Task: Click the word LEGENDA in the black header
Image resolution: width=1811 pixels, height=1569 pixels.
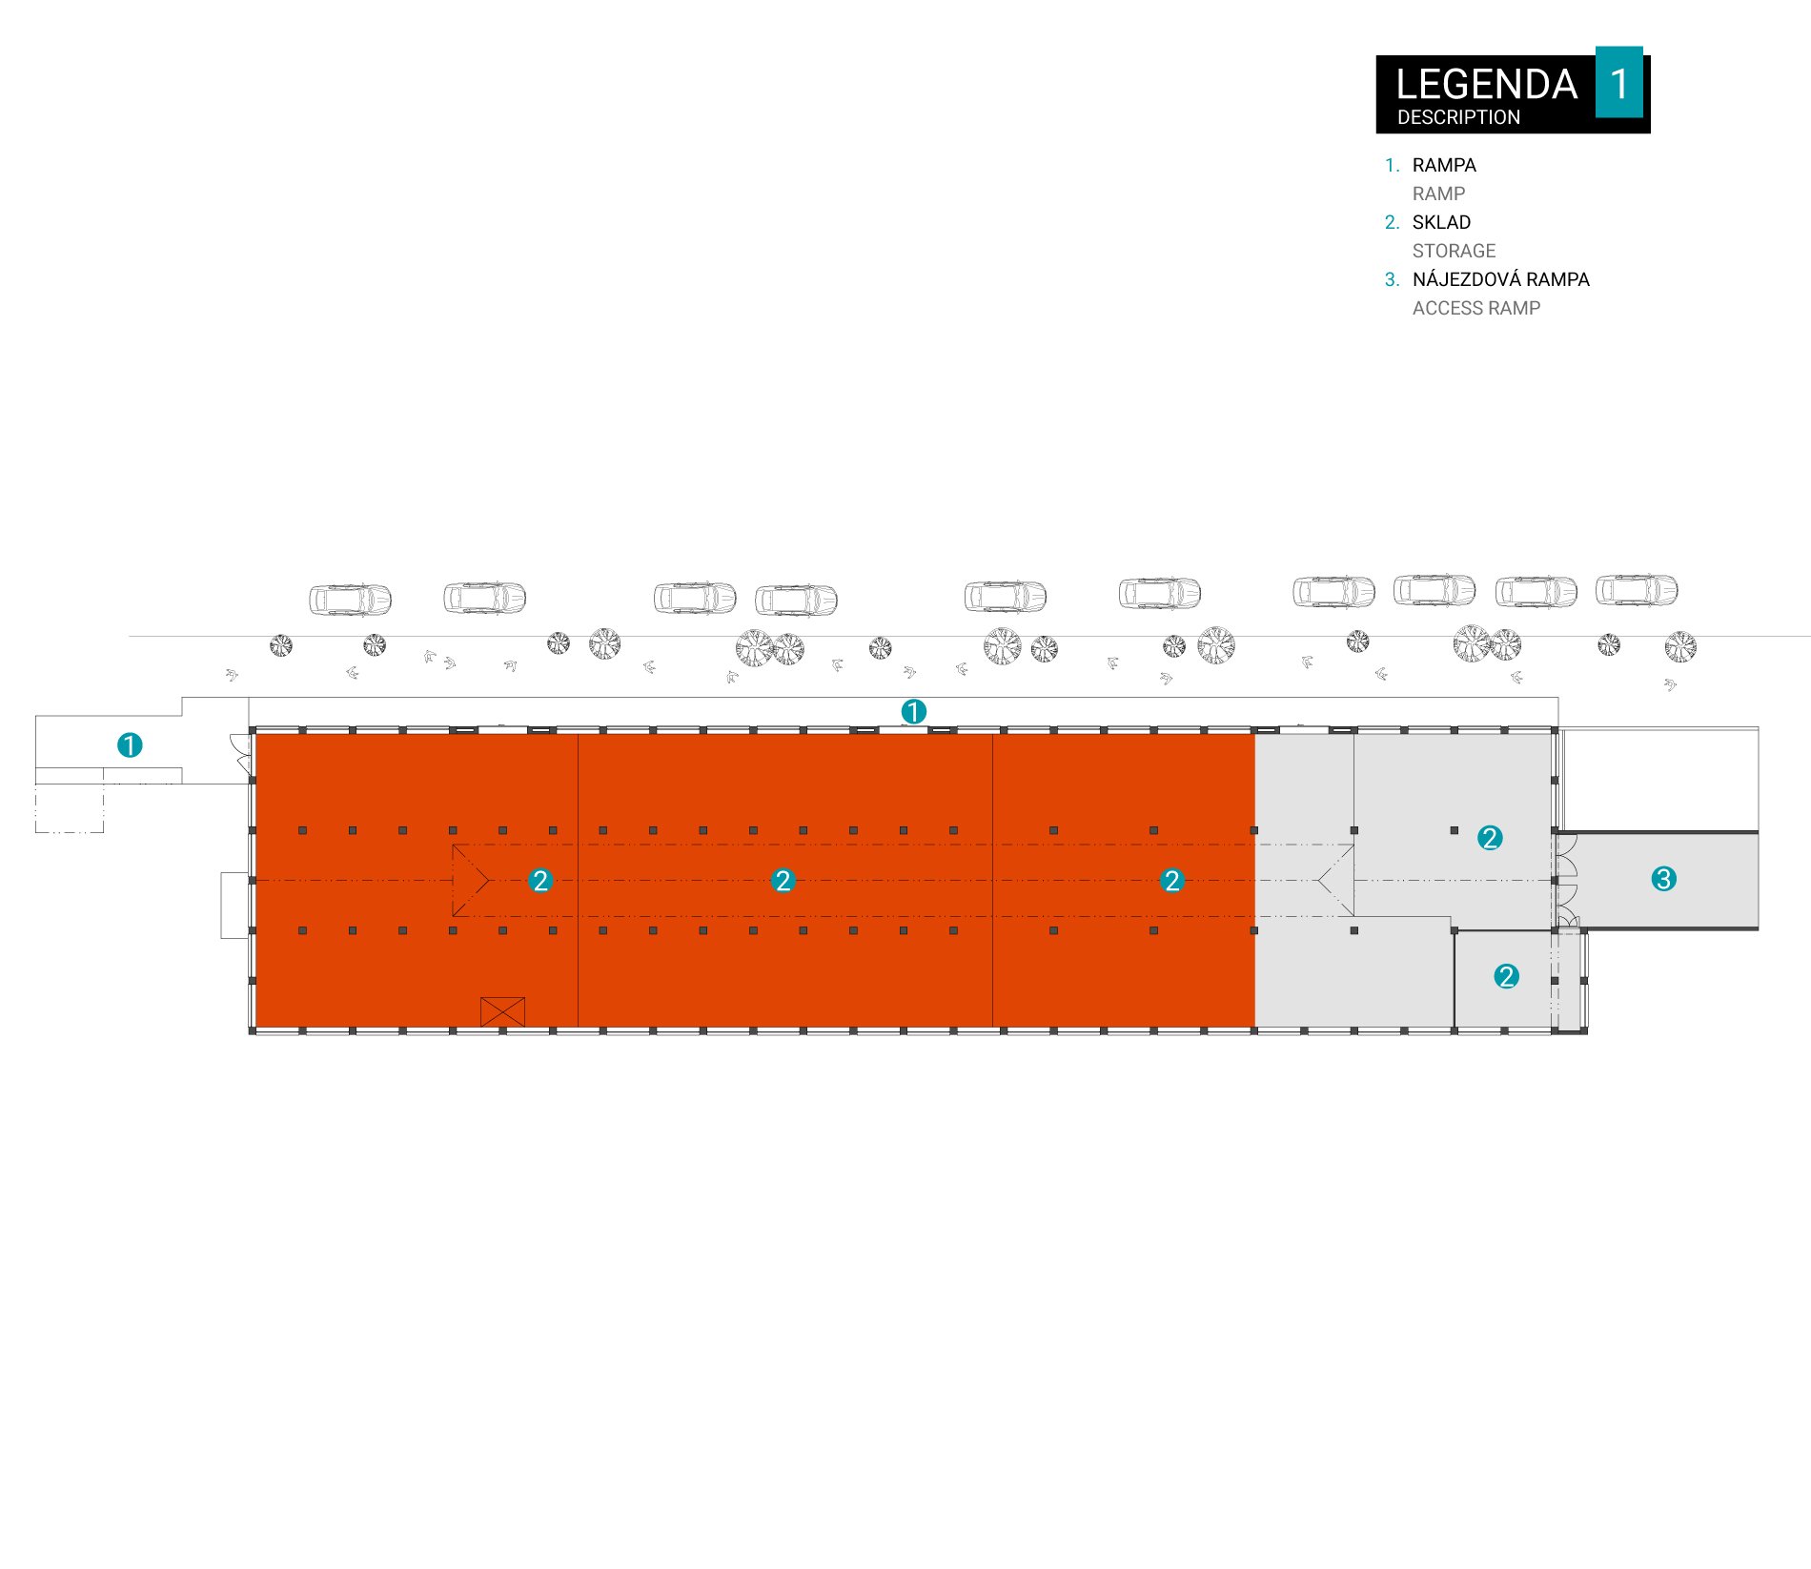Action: (1486, 84)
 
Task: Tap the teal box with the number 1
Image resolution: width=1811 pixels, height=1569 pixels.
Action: (1618, 82)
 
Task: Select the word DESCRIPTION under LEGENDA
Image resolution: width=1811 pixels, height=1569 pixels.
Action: (1458, 117)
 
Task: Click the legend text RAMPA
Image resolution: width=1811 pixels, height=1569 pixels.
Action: (1444, 165)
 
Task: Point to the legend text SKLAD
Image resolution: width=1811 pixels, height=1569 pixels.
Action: (1441, 222)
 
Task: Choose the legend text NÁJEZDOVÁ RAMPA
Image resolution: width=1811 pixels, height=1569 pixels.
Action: (1500, 278)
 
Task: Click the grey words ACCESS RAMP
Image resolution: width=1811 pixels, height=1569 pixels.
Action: (1475, 308)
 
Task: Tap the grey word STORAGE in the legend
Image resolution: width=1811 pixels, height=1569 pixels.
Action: (1454, 251)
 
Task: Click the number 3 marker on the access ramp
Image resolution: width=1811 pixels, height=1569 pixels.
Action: (1663, 879)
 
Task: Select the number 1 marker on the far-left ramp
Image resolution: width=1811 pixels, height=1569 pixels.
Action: (130, 744)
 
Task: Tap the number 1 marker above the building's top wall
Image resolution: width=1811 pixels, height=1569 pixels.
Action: (913, 711)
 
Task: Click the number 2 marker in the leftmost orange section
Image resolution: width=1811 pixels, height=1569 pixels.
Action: (540, 881)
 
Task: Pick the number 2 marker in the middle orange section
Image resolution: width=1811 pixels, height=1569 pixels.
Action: (783, 881)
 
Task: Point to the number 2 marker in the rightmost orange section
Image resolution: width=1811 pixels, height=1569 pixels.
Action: (1172, 881)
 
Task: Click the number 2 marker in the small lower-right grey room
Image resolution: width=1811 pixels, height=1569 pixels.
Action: (1506, 976)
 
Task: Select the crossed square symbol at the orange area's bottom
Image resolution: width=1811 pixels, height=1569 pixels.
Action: (502, 1011)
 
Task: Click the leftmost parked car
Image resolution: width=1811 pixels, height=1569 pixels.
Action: (350, 600)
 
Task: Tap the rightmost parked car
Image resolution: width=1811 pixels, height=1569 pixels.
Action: (1637, 590)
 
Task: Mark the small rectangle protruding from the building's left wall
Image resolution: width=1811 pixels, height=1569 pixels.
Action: (234, 906)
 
